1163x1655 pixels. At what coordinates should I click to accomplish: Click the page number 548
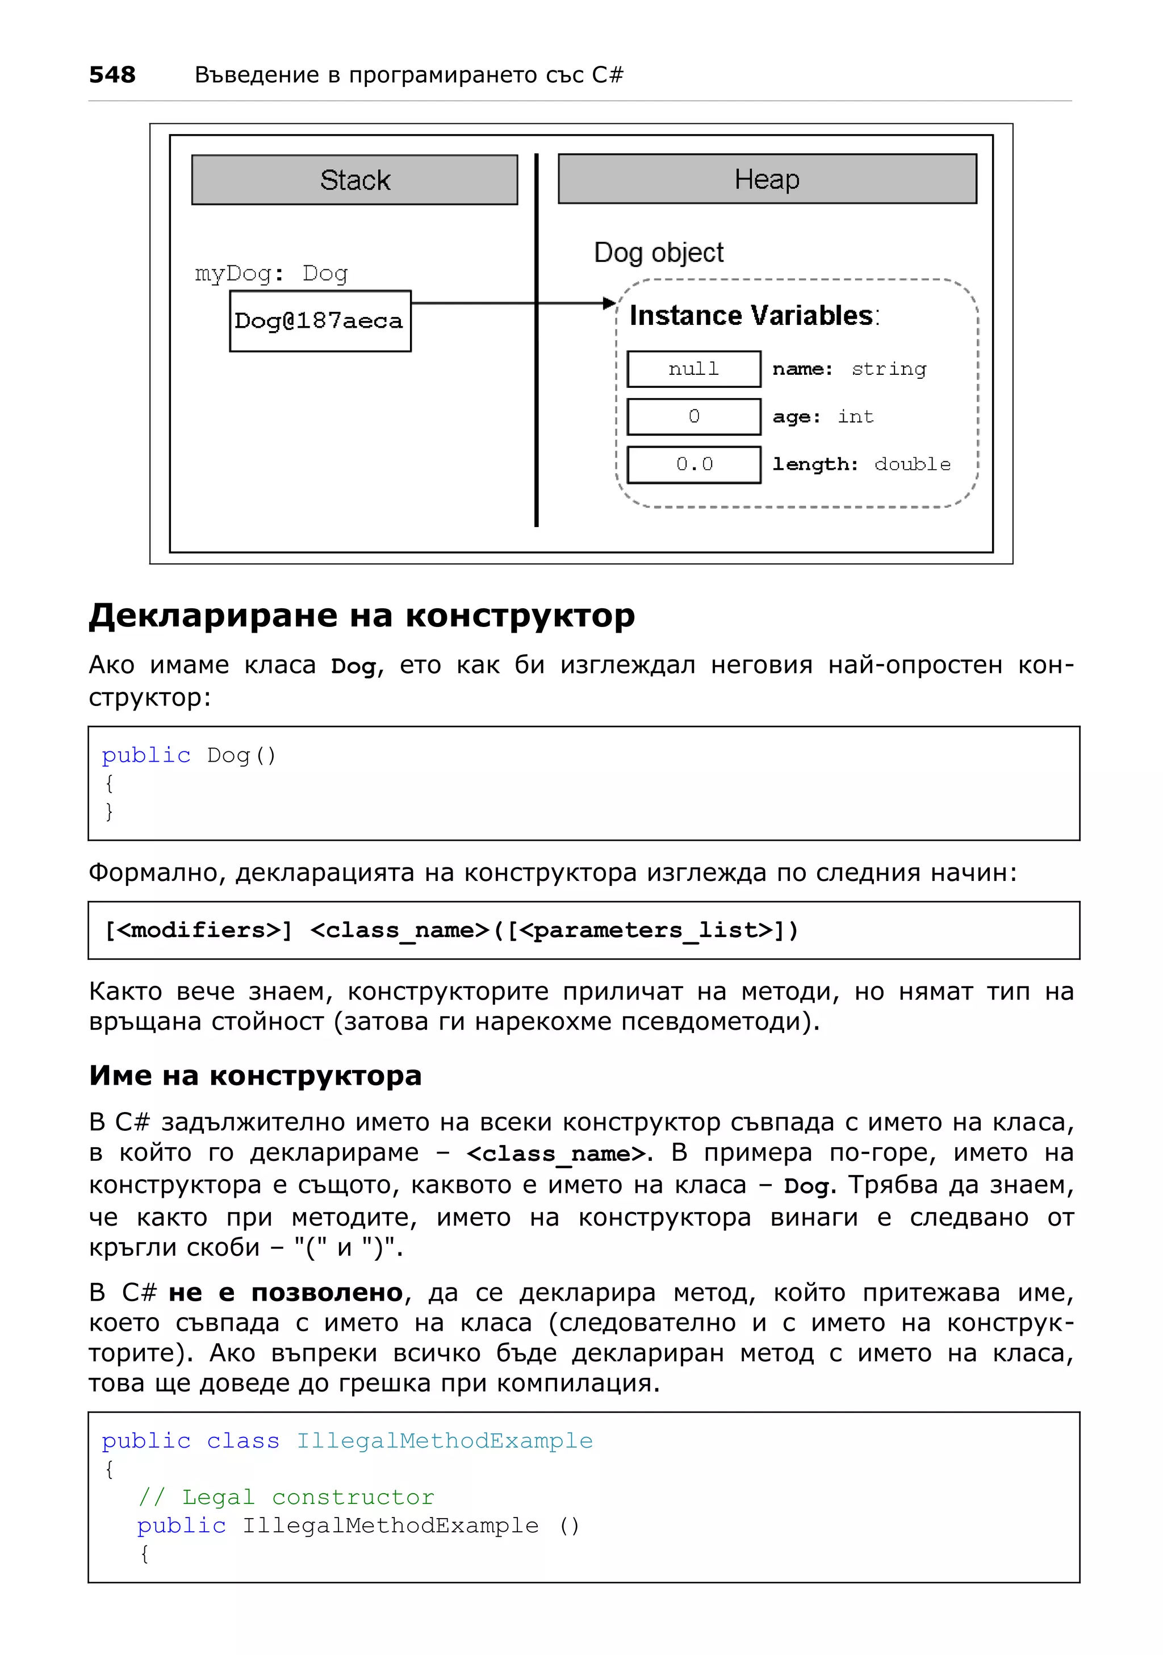pos(112,74)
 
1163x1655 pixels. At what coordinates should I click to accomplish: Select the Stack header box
pos(354,179)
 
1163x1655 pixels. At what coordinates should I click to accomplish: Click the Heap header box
pos(767,179)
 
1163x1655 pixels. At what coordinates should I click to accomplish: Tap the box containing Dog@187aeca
pos(320,321)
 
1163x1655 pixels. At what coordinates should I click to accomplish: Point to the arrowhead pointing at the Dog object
pos(609,303)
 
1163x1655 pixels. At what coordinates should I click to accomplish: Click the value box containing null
pos(693,369)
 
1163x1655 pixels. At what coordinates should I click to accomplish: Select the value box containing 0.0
pos(693,464)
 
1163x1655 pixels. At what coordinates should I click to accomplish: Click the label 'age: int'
pos(823,417)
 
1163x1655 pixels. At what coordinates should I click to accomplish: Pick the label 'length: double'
pos(861,464)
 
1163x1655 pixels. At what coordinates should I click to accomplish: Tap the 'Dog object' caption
pos(659,253)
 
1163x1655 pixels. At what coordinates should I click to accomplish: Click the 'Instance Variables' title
pos(754,316)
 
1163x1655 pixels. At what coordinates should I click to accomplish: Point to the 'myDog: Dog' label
pos(271,273)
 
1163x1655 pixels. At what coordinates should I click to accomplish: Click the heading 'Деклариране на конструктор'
pos(362,616)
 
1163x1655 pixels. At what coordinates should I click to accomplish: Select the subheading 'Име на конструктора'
pos(255,1076)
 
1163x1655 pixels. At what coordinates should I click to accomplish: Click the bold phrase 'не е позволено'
pos(285,1293)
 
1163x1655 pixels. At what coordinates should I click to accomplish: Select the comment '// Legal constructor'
pos(286,1497)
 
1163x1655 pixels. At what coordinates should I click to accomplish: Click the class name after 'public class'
pos(445,1440)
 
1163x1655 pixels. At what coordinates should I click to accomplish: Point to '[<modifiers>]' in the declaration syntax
pos(199,930)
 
